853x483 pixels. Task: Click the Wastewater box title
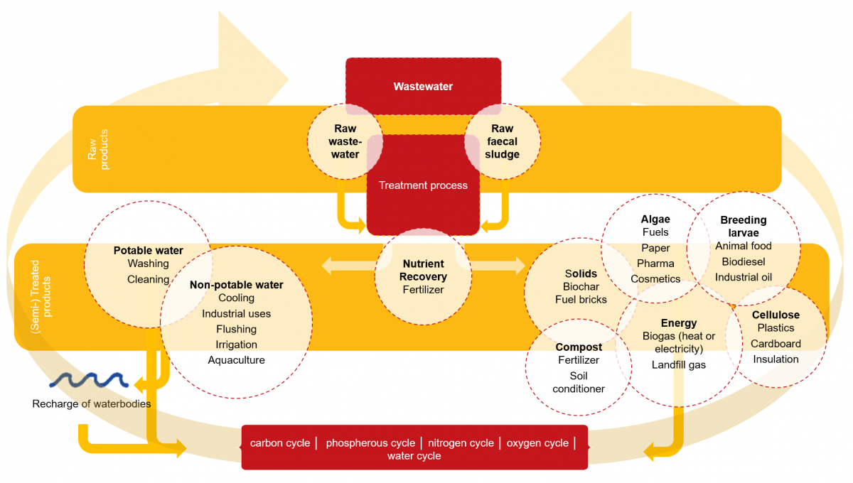tap(423, 87)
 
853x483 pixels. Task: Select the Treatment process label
tap(423, 185)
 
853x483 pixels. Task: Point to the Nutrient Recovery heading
tap(423, 270)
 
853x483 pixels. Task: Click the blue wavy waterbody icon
tap(88, 381)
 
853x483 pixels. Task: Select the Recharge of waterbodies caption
tap(91, 404)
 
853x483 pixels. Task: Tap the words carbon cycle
tap(280, 443)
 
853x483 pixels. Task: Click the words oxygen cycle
tap(537, 443)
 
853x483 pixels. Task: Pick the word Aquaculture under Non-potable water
tap(236, 360)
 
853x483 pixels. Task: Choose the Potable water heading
tap(148, 251)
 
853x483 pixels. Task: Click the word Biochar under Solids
tap(581, 287)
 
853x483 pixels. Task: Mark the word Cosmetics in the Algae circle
tap(655, 279)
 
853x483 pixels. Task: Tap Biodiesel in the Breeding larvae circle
tap(743, 261)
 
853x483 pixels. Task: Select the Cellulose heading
tap(776, 315)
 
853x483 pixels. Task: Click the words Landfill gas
tap(679, 364)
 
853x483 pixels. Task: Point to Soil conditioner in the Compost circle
tap(579, 382)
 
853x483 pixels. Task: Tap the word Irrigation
tap(236, 344)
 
